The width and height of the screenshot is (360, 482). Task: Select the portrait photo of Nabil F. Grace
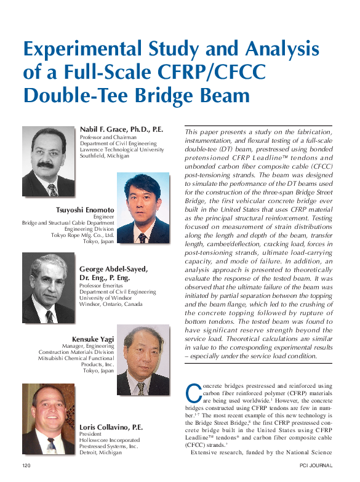(x=49, y=161)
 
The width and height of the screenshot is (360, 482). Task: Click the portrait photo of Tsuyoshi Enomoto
(x=143, y=208)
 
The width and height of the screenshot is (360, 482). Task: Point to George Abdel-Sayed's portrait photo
(x=49, y=288)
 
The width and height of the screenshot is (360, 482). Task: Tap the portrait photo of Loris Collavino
(x=49, y=420)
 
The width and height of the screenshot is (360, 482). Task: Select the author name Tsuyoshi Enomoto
(x=84, y=210)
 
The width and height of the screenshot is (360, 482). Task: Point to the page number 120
(x=26, y=465)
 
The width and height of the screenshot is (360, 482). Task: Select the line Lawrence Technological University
(x=122, y=150)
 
